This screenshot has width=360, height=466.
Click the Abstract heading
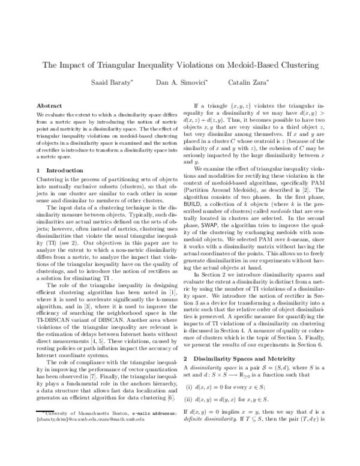tap(50, 104)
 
